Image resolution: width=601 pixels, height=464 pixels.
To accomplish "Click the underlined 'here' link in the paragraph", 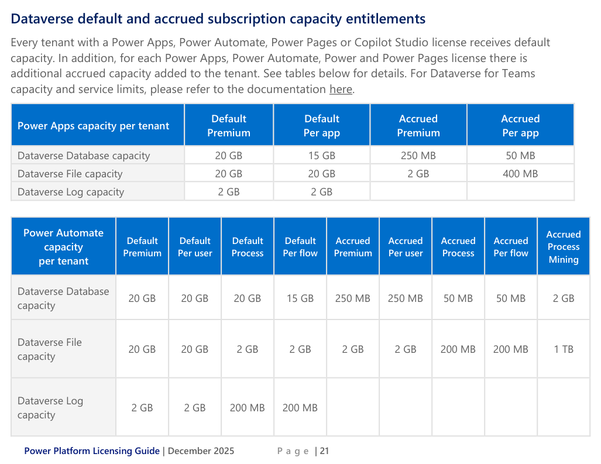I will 341,90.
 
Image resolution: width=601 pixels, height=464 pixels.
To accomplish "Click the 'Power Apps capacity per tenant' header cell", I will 93,126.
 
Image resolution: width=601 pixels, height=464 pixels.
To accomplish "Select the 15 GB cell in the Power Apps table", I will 321,156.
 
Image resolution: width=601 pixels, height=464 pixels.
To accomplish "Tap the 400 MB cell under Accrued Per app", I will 520,174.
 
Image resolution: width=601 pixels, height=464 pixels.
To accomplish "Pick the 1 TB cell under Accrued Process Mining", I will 564,349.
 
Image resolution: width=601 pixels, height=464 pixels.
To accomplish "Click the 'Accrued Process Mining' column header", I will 564,247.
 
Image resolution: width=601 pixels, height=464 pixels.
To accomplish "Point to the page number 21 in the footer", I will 324,451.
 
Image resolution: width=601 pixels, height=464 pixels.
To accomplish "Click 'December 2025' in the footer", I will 201,451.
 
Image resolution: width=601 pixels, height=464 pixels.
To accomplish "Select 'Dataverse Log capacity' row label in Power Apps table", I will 71,192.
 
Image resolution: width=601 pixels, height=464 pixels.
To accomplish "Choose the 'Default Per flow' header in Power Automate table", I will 300,247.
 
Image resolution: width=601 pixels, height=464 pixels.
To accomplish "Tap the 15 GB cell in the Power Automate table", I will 300,298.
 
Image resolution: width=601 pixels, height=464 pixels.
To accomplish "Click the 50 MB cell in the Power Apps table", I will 520,156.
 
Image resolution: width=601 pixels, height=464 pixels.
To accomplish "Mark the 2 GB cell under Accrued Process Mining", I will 564,298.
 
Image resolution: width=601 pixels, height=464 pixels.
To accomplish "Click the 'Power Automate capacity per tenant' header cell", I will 63,247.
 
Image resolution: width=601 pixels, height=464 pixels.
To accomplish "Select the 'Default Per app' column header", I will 321,126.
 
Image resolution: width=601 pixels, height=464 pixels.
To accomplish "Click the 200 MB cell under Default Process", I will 248,408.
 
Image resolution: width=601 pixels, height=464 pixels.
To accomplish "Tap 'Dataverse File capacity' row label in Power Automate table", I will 50,349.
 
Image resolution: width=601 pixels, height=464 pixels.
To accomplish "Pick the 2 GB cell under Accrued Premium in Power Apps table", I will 418,174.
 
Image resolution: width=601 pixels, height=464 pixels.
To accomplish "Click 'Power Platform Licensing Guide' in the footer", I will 92,451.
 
